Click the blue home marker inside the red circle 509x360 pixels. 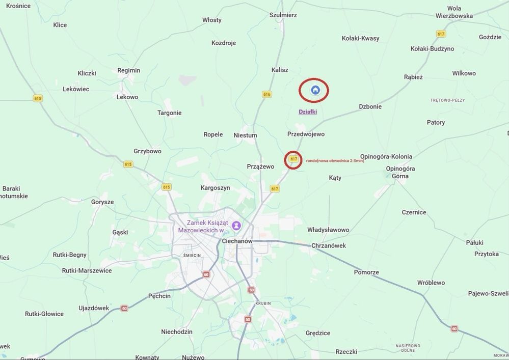[315, 91]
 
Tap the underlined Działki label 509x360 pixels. [308, 112]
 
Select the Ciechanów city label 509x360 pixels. [237, 241]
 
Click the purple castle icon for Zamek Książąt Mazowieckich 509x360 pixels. [236, 225]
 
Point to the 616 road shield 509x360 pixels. [267, 94]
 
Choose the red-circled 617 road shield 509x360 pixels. [293, 159]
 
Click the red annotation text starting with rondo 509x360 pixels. [335, 161]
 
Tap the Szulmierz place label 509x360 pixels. [283, 15]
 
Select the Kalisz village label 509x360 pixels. [280, 70]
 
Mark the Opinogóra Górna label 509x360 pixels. [400, 172]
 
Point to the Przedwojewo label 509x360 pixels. [306, 134]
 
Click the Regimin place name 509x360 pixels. [128, 71]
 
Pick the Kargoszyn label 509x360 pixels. [216, 188]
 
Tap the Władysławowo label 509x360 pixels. [328, 230]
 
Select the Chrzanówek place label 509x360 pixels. [329, 245]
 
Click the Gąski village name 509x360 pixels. [120, 232]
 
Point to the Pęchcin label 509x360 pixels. [159, 296]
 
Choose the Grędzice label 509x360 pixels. [318, 333]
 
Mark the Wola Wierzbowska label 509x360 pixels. [454, 12]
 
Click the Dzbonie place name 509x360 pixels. [370, 107]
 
